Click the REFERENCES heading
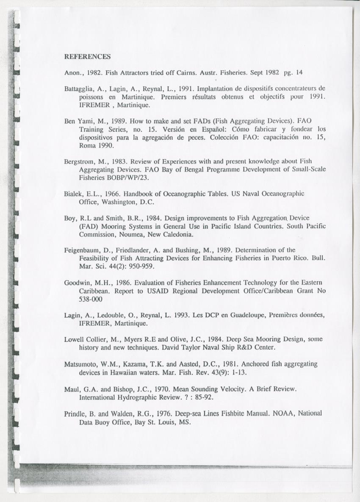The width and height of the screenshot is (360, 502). [87, 56]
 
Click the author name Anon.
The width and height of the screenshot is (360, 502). [73, 72]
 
